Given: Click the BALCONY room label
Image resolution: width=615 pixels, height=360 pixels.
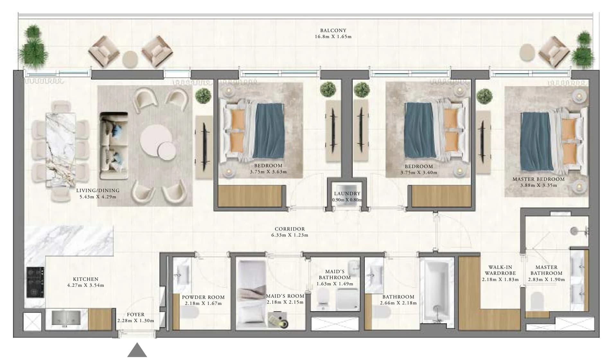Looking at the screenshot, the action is coord(333,31).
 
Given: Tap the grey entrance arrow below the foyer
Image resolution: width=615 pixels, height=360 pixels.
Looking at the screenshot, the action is coord(137,350).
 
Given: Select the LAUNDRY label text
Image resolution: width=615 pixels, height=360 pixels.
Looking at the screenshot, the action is coord(347,194).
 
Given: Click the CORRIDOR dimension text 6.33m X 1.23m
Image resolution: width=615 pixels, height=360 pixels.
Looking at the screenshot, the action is coord(290,235).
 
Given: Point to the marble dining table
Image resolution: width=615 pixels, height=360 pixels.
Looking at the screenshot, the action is coord(61,150).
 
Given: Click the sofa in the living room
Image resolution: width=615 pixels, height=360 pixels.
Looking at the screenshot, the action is coord(114,145).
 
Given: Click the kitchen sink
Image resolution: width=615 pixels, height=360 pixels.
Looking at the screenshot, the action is coord(66,318).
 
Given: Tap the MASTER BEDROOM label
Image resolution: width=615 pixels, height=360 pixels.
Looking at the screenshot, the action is coord(538,179).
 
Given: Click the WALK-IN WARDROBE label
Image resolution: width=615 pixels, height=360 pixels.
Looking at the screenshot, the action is coord(500,270).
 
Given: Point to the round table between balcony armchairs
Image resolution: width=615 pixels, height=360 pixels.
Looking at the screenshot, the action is coord(130,59).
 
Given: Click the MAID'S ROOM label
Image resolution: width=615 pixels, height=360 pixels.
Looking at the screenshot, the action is coord(285,296).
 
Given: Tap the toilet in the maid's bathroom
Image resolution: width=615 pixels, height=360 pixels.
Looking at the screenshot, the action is coord(322,298).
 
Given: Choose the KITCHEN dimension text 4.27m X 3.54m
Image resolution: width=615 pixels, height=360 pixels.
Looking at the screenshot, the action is coord(85,285).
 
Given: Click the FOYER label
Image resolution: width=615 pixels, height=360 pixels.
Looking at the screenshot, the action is coord(136,315).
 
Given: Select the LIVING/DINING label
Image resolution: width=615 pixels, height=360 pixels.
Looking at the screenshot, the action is coord(98,190).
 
